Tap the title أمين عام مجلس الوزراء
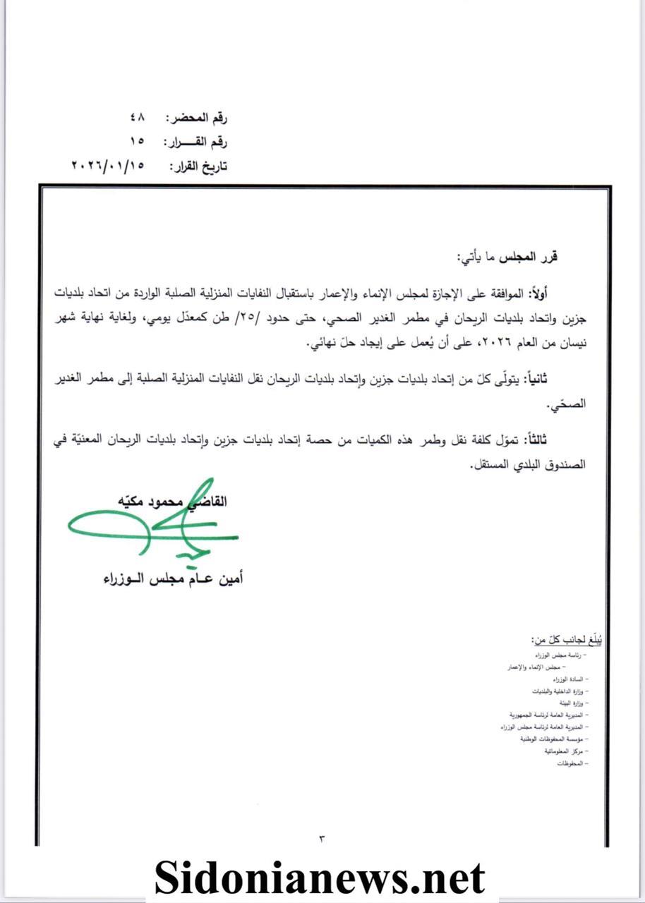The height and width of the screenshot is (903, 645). tap(172, 579)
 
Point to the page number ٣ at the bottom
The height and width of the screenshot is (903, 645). tap(322, 838)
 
